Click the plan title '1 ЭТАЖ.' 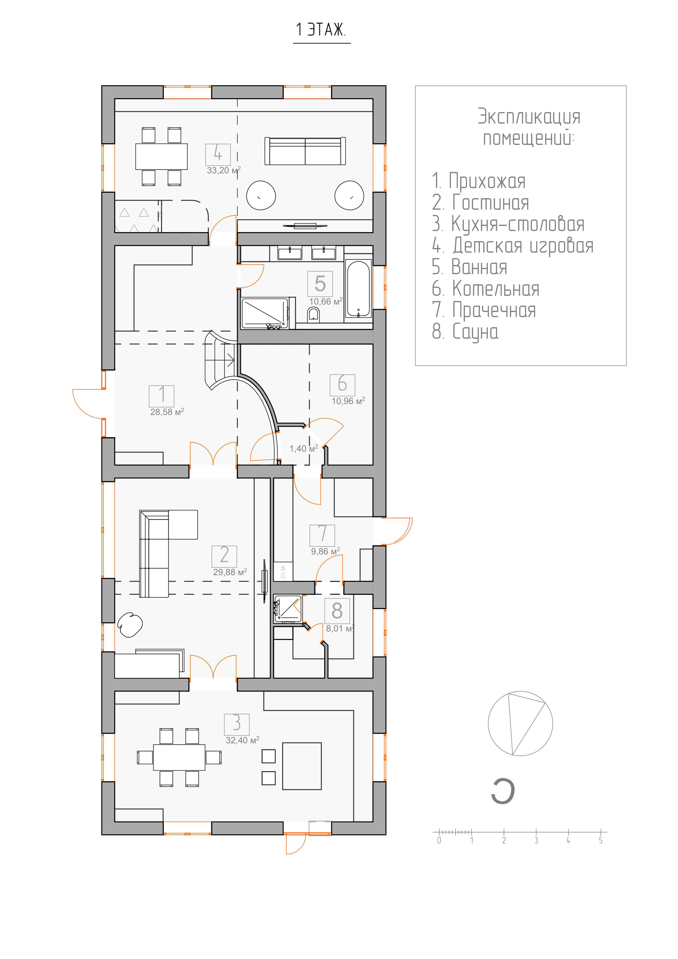[x=321, y=30]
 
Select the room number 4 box [x=218, y=154]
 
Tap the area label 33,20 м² [x=223, y=170]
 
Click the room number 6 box [x=342, y=385]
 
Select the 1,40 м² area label [x=304, y=449]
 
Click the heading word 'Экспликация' [x=529, y=116]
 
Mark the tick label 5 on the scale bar [x=601, y=840]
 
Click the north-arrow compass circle [x=520, y=723]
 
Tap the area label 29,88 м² [x=230, y=572]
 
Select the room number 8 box [x=337, y=611]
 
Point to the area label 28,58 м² [x=167, y=412]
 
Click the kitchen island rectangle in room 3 [x=302, y=766]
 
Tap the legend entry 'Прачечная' [x=484, y=310]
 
